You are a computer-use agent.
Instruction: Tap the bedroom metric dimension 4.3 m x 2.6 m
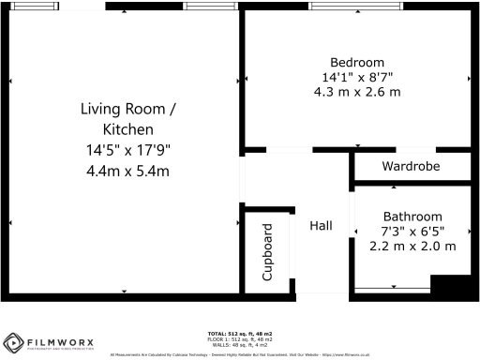click(356, 92)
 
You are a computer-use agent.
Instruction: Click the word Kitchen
click(128, 128)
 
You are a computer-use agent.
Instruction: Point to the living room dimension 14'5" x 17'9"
click(128, 150)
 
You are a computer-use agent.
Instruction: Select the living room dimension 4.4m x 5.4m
click(128, 171)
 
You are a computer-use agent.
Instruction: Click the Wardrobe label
click(411, 166)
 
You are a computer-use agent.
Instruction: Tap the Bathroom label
click(412, 215)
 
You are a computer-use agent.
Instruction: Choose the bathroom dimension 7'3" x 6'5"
click(412, 231)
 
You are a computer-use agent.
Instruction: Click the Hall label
click(322, 226)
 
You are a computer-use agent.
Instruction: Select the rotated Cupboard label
click(267, 252)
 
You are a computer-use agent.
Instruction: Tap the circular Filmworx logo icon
click(14, 342)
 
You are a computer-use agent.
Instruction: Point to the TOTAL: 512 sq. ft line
click(239, 333)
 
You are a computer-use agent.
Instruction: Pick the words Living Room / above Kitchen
click(128, 109)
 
